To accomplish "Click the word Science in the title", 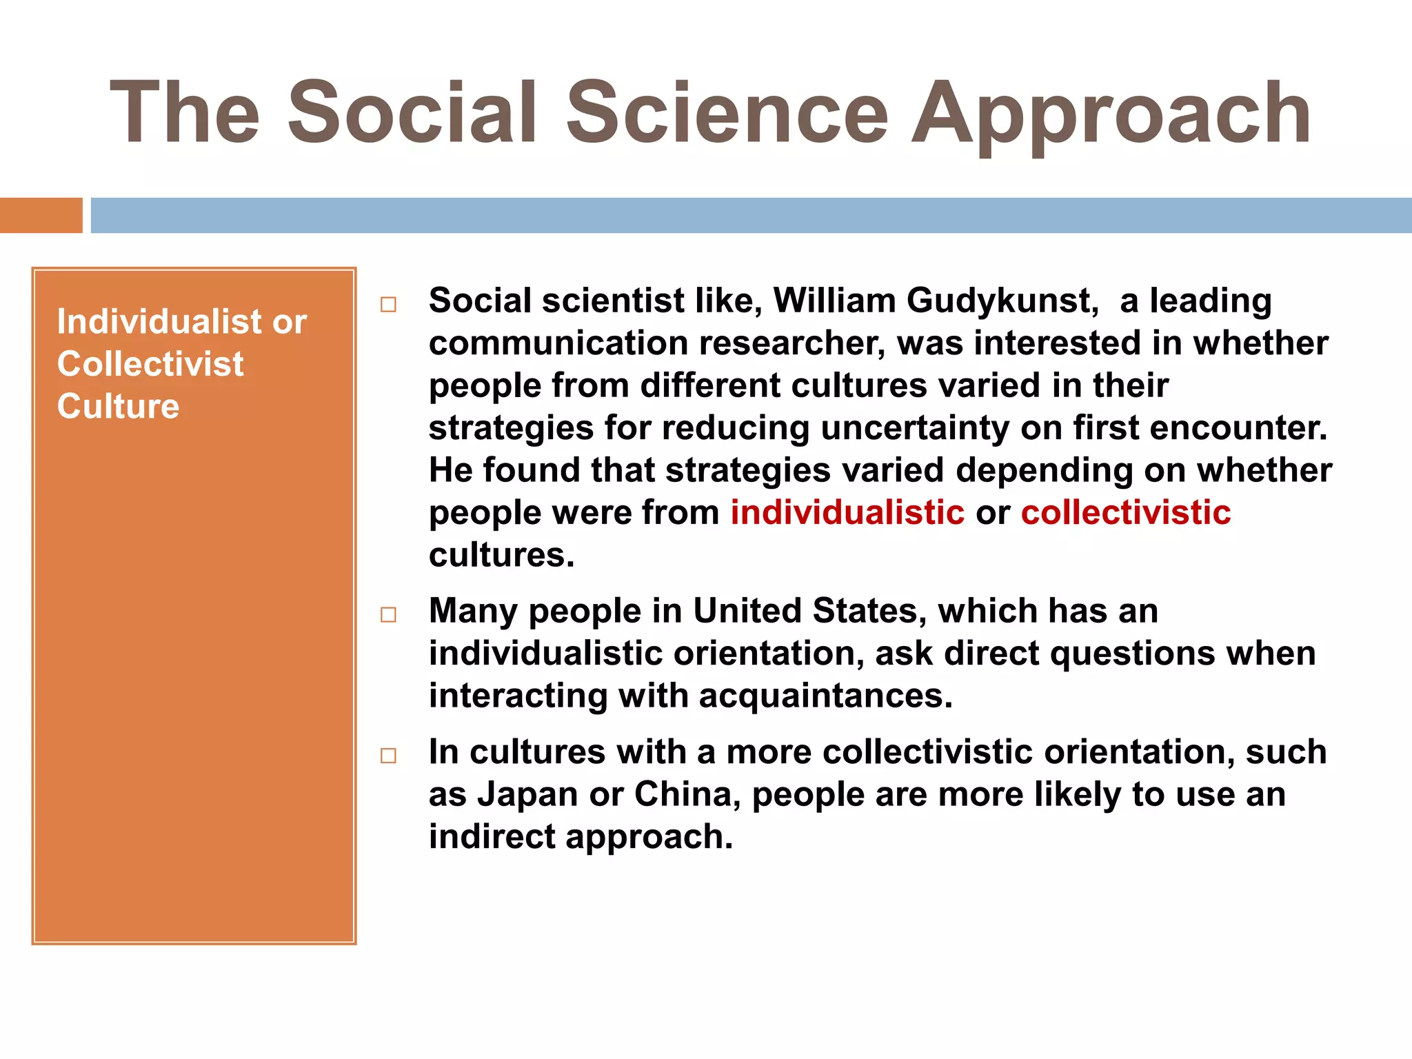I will pos(727,113).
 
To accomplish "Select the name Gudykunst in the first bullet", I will pos(1002,302).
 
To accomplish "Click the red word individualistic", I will pos(847,513).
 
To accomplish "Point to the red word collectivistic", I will pos(1126,513).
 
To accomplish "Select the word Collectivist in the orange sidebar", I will pos(150,364).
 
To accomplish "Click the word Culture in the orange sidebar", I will pos(118,406).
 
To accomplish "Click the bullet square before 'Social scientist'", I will pos(389,305).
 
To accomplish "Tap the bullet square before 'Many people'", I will pos(389,614).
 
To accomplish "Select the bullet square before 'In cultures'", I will pos(389,756).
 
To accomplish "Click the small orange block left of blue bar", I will pos(41,216).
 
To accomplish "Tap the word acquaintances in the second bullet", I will pos(825,696).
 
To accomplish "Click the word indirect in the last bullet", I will pos(492,837).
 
